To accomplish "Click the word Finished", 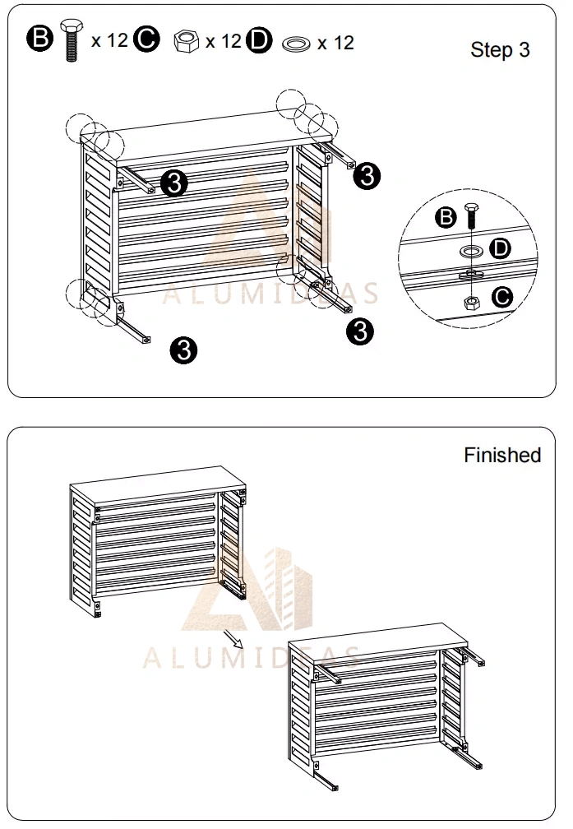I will (x=502, y=455).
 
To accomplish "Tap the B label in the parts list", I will (x=39, y=39).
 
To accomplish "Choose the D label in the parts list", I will (x=258, y=41).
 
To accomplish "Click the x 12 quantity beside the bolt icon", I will (x=109, y=40).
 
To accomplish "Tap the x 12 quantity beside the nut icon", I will (x=223, y=41).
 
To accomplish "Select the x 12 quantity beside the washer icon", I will (x=335, y=42).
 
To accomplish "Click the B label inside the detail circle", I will (x=446, y=217).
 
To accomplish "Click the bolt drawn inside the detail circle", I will (x=472, y=217).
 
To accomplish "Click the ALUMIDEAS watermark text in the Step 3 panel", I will (x=270, y=294).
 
